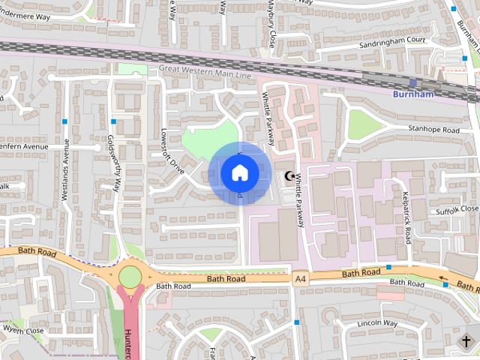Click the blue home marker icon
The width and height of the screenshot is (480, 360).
240,172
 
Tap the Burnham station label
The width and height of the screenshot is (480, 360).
413,94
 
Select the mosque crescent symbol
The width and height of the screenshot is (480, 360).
289,176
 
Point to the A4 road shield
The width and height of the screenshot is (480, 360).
301,279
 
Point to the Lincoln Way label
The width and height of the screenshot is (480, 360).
378,322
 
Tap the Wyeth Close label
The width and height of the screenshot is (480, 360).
23,330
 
